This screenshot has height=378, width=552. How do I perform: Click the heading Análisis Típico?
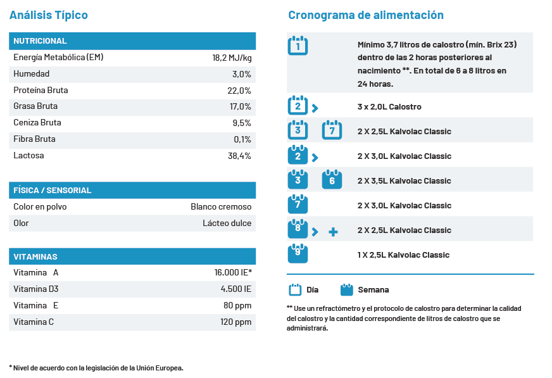coord(49,15)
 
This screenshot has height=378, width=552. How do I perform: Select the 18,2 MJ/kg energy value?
coord(232,58)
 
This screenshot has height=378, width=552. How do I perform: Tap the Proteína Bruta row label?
coord(41,90)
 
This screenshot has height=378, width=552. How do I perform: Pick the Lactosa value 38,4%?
coord(239,156)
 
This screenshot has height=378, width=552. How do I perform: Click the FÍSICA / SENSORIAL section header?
coord(52,191)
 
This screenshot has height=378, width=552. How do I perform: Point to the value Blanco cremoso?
coord(221,206)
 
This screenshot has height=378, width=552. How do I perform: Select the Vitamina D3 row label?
coord(36,289)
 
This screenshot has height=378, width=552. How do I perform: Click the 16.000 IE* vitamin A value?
coord(233,272)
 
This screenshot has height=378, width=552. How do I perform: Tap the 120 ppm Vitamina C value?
coord(236,322)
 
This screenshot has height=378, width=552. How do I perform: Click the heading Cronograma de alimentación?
coord(366,15)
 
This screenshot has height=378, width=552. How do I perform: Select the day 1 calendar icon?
coord(298,46)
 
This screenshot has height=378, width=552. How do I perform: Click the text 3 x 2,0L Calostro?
coord(389,106)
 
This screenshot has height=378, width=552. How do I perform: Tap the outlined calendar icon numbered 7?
coord(332,130)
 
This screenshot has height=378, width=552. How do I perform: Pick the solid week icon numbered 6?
coord(332,179)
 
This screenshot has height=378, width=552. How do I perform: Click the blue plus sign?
coord(333,232)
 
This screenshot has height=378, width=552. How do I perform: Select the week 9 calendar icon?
coord(298,253)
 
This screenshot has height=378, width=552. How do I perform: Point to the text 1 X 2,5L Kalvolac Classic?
coord(403,255)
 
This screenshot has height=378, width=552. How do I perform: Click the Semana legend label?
coord(373,289)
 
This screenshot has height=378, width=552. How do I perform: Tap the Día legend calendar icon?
coord(295,289)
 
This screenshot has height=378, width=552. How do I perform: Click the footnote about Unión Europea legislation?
coord(96,368)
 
